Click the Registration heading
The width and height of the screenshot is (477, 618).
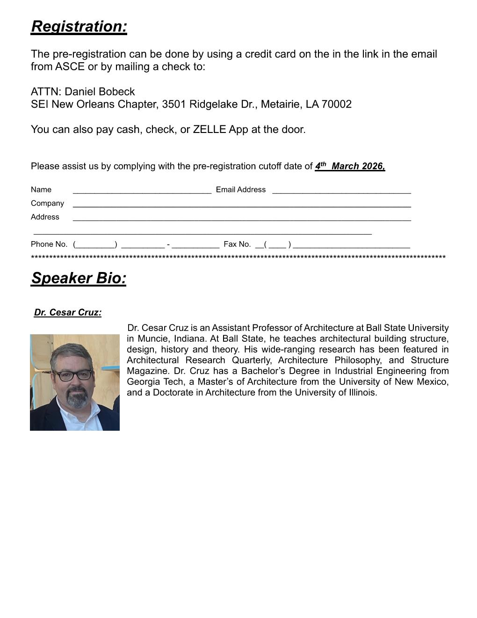79,27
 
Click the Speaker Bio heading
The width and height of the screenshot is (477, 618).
79,278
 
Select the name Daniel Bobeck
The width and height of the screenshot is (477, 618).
100,92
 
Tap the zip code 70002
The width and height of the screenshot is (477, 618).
337,104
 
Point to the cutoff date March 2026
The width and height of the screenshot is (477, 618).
358,166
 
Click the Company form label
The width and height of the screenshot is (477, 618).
47,203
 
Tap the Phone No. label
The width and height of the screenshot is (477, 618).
49,244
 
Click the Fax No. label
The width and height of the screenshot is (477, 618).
237,244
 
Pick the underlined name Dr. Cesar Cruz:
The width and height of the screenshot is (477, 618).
68,313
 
